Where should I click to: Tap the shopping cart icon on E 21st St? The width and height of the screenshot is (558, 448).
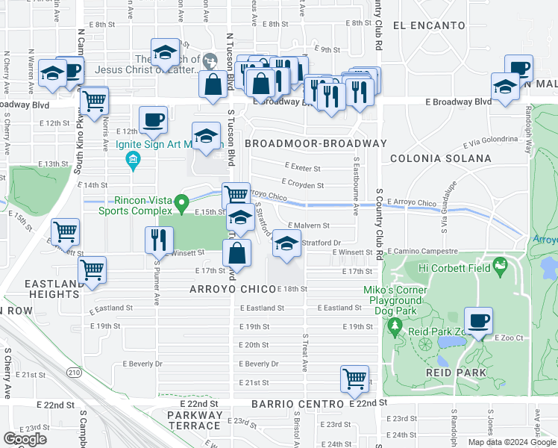pyautogui.click(x=354, y=378)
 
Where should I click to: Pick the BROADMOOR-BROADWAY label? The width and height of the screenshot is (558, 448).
pyautogui.click(x=316, y=143)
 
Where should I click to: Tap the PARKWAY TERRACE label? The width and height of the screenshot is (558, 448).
pyautogui.click(x=194, y=420)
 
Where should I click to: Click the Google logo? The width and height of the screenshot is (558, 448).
pyautogui.click(x=25, y=439)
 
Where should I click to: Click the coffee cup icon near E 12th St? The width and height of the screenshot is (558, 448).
pyautogui.click(x=153, y=119)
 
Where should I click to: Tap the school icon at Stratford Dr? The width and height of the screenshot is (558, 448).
pyautogui.click(x=286, y=243)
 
